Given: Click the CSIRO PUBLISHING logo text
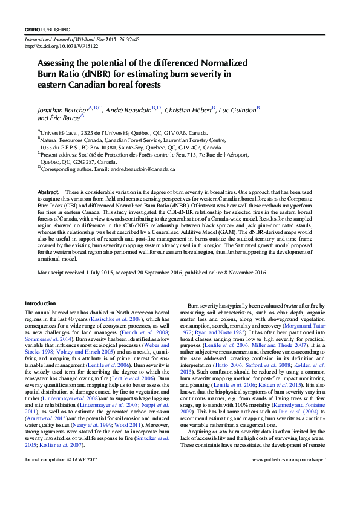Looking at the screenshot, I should [x=47, y=29].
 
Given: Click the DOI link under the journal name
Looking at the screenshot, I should [x=53, y=46].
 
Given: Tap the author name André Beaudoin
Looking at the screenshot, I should [x=126, y=111].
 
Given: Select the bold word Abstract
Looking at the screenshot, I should [x=48, y=192].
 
